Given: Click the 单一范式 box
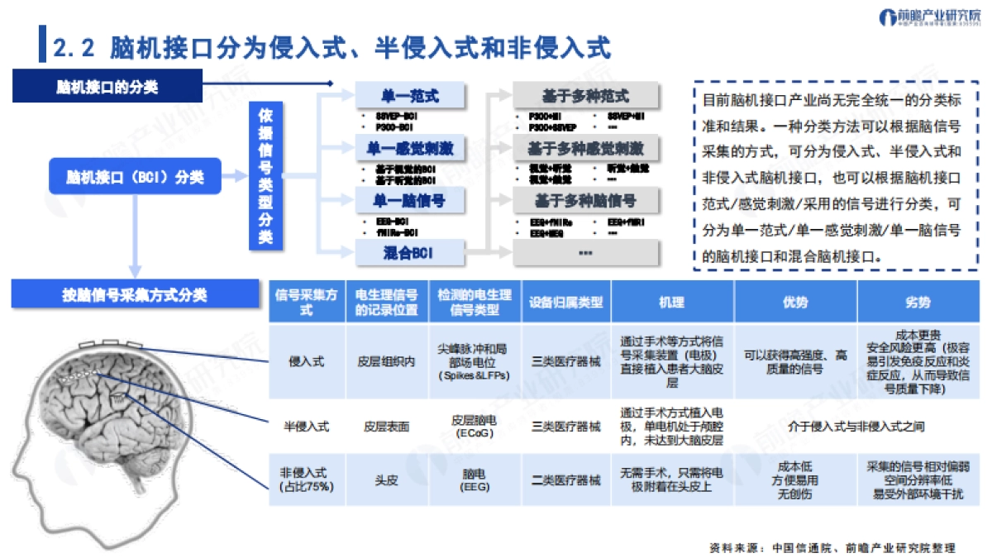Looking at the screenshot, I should tap(409, 96).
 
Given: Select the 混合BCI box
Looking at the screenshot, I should tap(409, 254).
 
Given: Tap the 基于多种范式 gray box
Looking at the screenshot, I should tap(586, 96).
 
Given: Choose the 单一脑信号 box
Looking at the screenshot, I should tap(409, 201).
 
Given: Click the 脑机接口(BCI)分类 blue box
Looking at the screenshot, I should tap(134, 176).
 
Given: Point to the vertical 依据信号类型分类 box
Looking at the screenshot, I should tap(265, 175).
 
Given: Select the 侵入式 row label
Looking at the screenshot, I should tap(305, 361).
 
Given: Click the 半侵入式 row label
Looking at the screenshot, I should tap(305, 427).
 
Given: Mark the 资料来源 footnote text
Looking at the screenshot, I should tap(832, 547).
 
